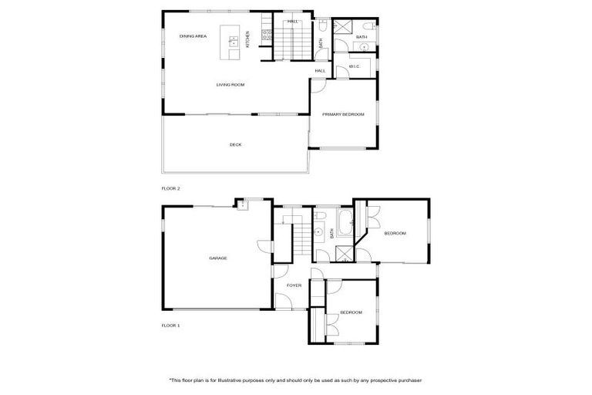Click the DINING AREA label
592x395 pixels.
(193, 36)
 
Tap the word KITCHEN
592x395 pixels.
(247, 39)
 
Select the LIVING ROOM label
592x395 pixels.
(230, 85)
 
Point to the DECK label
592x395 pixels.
(235, 144)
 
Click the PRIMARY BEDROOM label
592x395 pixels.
(343, 114)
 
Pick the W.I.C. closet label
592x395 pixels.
(355, 66)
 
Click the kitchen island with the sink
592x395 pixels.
(230, 41)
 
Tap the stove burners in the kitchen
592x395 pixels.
(267, 34)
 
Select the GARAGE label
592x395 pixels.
(217, 258)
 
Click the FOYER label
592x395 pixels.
(294, 285)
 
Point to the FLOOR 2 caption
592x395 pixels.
(170, 188)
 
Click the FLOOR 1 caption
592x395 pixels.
(170, 326)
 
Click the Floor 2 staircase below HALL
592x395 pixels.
(292, 46)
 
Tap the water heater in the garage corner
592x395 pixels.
(242, 204)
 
